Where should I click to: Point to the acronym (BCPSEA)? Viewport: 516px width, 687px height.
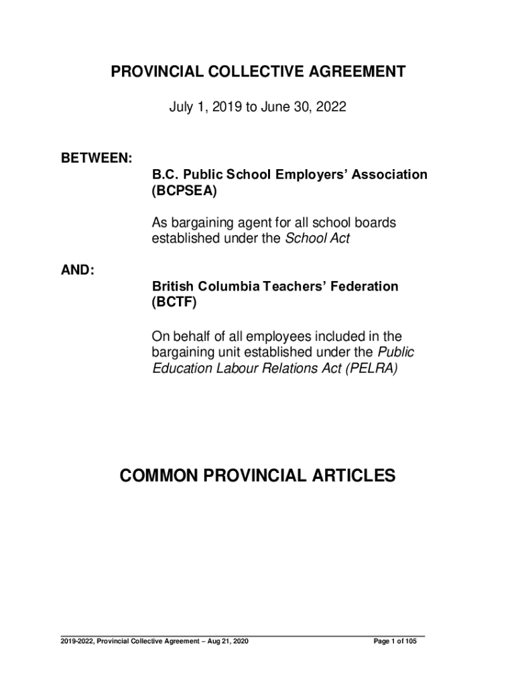click(x=185, y=191)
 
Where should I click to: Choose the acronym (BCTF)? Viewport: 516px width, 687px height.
click(x=175, y=303)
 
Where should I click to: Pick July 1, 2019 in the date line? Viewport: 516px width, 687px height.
click(x=198, y=106)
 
